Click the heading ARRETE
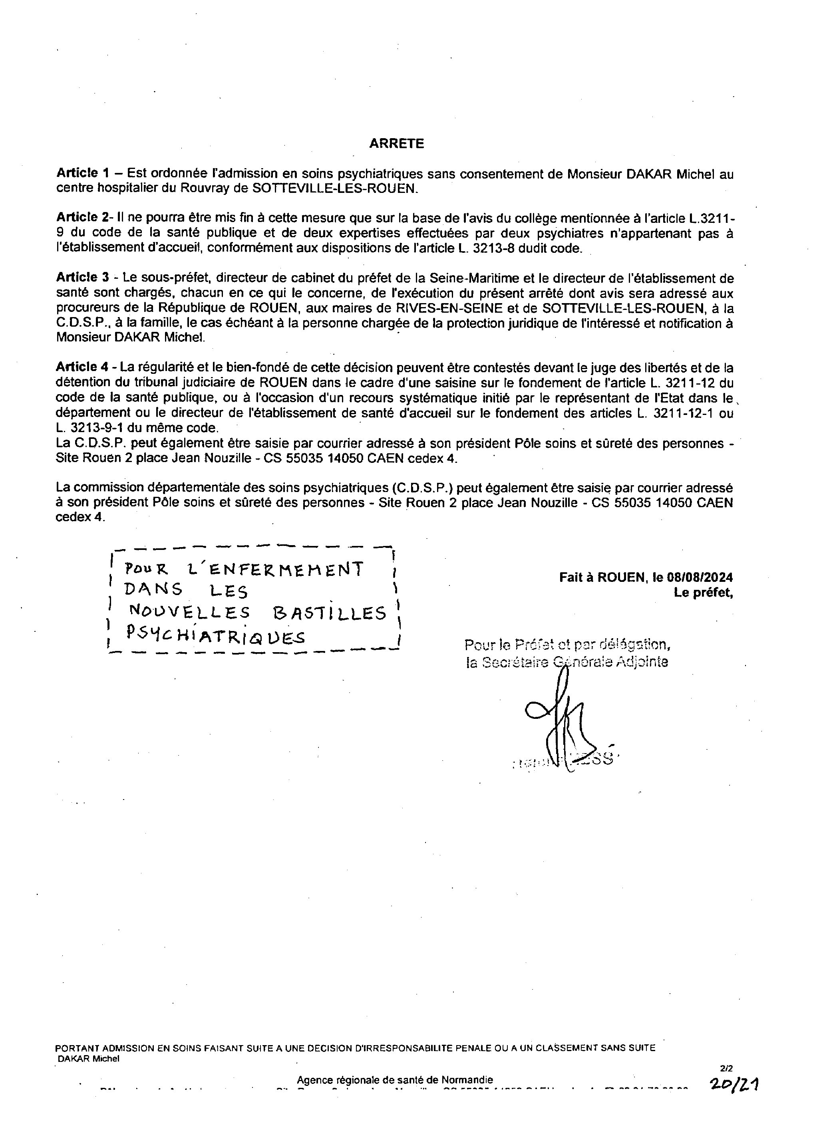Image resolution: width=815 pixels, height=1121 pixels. (x=396, y=143)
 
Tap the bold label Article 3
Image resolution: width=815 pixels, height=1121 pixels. (x=82, y=278)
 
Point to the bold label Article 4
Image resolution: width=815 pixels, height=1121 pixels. (x=82, y=367)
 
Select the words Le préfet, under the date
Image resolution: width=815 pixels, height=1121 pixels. (x=703, y=593)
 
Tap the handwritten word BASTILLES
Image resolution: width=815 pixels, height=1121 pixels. (x=329, y=613)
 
